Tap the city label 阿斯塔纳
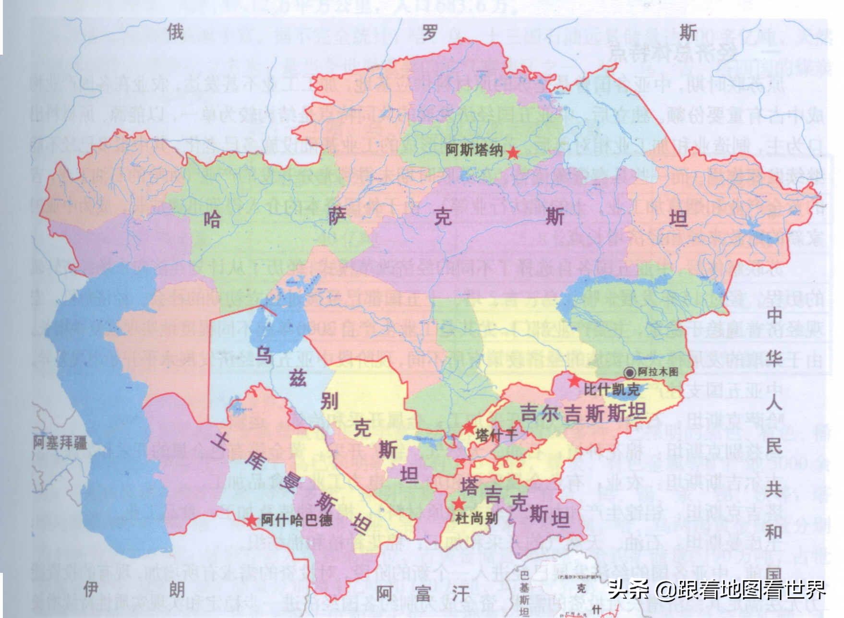tap(474, 150)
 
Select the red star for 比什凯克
tap(574, 381)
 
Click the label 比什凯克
tap(611, 389)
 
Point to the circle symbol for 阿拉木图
tap(630, 372)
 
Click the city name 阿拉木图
tap(658, 372)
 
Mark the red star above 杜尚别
tap(459, 503)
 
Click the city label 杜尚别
tap(476, 518)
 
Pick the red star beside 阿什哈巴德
tap(251, 520)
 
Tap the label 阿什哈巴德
tap(297, 520)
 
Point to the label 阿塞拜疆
tap(60, 442)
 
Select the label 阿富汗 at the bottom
tap(422, 594)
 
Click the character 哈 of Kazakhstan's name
tap(212, 220)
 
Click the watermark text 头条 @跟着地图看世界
tap(716, 589)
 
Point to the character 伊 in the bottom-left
tap(92, 588)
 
